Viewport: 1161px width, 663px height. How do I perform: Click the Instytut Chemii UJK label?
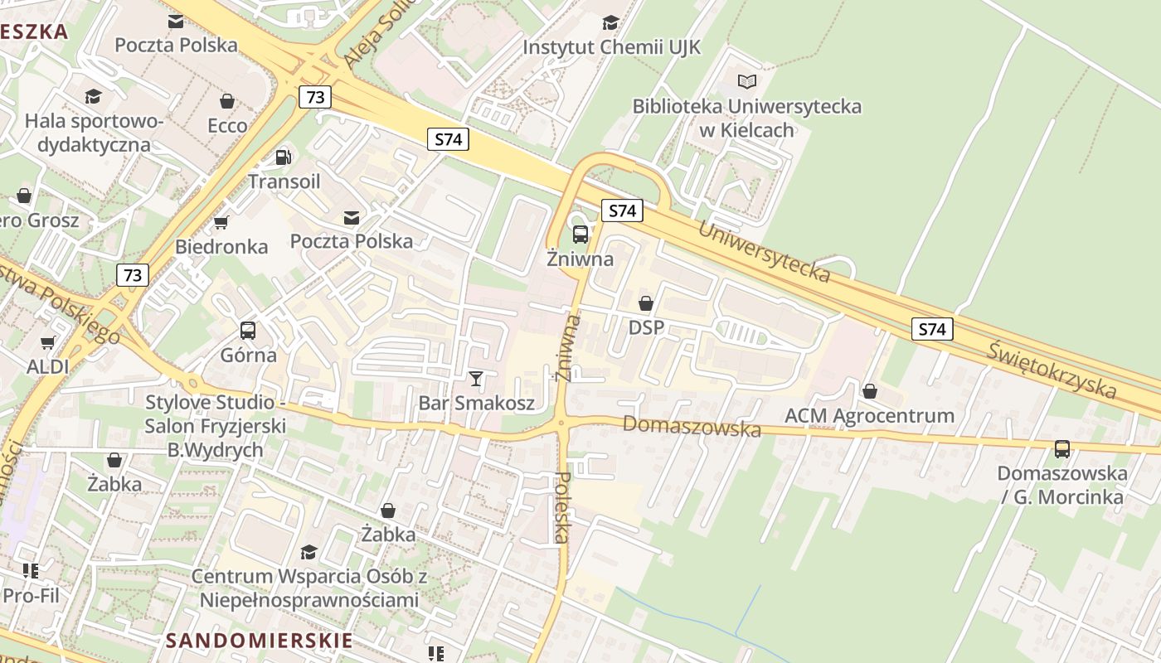point(611,47)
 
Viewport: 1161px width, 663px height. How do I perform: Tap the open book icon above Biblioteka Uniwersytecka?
point(747,81)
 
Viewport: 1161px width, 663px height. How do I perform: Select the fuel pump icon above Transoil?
point(284,157)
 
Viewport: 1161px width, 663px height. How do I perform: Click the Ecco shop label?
point(227,125)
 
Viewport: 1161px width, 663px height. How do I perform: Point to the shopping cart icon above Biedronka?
point(221,223)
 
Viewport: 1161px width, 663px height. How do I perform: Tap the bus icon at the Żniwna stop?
point(580,234)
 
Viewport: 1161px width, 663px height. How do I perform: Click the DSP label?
point(646,327)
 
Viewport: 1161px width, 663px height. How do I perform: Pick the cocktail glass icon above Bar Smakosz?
point(476,379)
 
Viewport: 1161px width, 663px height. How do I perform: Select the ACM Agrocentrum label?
point(869,415)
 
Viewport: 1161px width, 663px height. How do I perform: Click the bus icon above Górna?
point(247,331)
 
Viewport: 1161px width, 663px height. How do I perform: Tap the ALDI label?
point(47,366)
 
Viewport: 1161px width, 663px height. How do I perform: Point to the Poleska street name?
point(561,507)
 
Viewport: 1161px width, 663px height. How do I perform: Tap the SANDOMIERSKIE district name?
point(259,641)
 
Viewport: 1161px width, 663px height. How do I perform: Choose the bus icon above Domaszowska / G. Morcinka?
point(1061,449)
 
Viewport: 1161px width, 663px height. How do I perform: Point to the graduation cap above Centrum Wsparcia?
point(308,552)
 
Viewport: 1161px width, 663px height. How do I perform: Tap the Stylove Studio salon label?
point(216,426)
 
